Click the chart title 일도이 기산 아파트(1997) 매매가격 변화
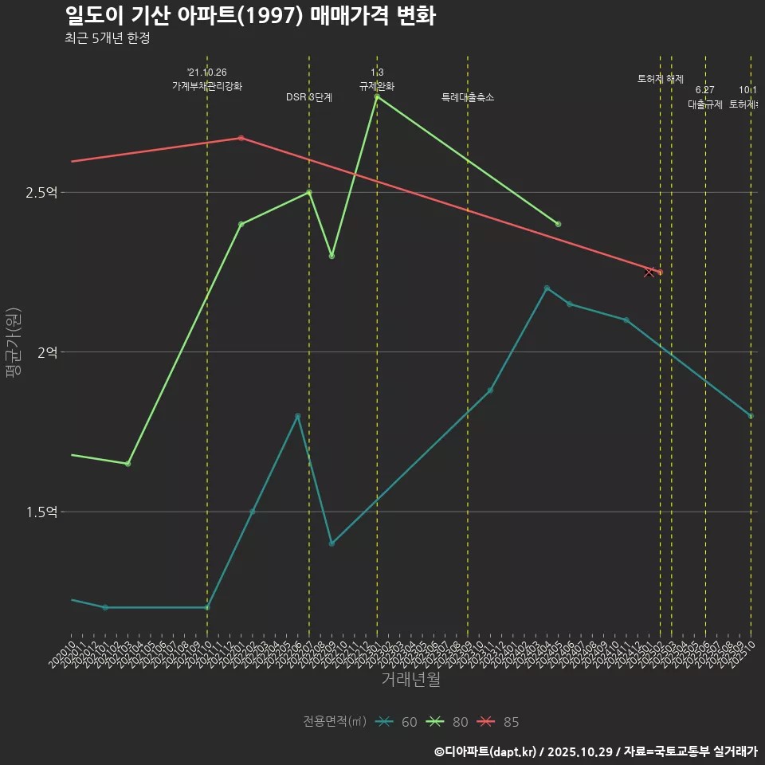point(249,17)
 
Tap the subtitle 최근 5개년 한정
point(108,38)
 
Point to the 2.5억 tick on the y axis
point(42,193)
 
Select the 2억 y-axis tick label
point(47,352)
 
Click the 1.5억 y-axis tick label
point(42,512)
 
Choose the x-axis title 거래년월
point(410,680)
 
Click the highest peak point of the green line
point(377,96)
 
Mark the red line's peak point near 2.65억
point(241,138)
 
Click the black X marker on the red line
point(649,273)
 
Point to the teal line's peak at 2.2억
point(547,288)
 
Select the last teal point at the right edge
point(750,416)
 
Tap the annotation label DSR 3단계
point(309,97)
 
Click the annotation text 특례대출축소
point(468,97)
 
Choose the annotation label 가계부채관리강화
point(207,86)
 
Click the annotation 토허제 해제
point(661,79)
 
